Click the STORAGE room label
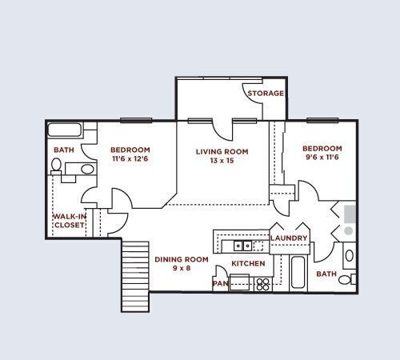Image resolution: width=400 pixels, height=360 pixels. pyautogui.click(x=266, y=94)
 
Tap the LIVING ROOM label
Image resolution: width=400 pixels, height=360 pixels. pyautogui.click(x=222, y=151)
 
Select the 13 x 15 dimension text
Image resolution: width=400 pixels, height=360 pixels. pyautogui.click(x=222, y=161)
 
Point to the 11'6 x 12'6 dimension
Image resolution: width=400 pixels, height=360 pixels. pyautogui.click(x=130, y=159)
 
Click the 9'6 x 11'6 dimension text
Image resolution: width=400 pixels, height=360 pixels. pyautogui.click(x=322, y=158)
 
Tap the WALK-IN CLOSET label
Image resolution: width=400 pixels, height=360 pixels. pyautogui.click(x=69, y=221)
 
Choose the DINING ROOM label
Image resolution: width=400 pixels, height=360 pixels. pyautogui.click(x=181, y=259)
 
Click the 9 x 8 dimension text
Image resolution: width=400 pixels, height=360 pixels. pyautogui.click(x=181, y=269)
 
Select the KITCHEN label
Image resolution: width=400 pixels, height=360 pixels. pyautogui.click(x=247, y=263)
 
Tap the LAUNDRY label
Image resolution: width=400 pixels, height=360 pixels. pyautogui.click(x=289, y=238)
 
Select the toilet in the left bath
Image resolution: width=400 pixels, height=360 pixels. pyautogui.click(x=56, y=166)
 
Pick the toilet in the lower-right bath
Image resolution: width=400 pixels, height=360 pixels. pyautogui.click(x=349, y=258)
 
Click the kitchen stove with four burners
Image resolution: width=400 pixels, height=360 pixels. pyautogui.click(x=262, y=283)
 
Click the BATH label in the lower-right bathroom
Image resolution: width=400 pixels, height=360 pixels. pyautogui.click(x=326, y=274)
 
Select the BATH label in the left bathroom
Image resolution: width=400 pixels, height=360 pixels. pyautogui.click(x=63, y=150)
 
